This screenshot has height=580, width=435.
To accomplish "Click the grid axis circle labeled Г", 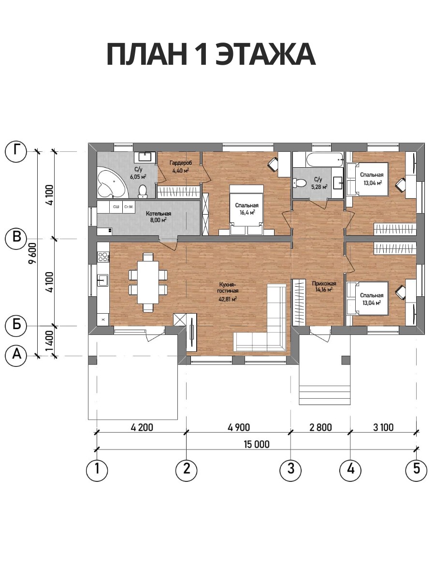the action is pos(16,151).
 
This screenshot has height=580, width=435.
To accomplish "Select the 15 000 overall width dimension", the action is pos(256,444).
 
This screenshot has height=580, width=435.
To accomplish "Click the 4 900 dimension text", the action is pos(238,427).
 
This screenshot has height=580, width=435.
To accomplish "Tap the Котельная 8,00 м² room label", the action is pos(159,217).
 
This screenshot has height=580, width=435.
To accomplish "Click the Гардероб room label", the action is pos(181,163).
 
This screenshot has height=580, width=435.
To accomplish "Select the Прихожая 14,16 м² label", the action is pos(324,287).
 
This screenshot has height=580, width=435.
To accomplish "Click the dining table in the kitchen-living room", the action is pos(148,282).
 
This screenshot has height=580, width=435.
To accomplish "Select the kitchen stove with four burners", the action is pos(103,257).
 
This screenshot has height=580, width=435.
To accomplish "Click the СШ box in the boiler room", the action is pos(116,207).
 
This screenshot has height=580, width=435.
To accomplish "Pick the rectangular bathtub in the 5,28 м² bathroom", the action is pos(325,159).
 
